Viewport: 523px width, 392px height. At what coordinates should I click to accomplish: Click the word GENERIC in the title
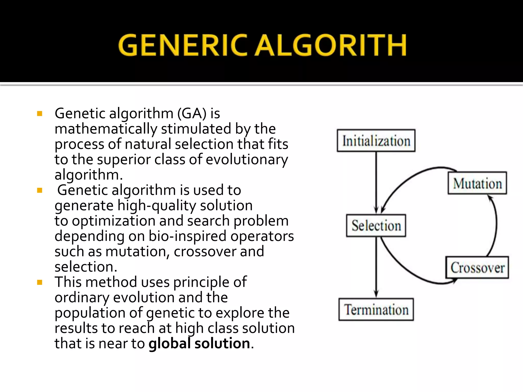pos(182,45)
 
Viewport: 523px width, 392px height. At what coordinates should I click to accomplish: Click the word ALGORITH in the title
pos(331,45)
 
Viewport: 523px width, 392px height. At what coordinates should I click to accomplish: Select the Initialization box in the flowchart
pos(376,141)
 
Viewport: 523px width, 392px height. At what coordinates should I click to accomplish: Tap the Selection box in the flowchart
pos(376,226)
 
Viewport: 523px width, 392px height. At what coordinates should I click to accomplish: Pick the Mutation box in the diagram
pos(477,183)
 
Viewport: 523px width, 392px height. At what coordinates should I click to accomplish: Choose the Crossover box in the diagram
pos(477,267)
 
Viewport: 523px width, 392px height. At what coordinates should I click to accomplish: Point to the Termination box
pos(376,309)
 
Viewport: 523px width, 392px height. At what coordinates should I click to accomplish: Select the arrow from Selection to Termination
pos(376,267)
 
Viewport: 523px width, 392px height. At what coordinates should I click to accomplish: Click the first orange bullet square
pos(40,114)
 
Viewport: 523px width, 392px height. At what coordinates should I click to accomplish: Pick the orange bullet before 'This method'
pos(40,282)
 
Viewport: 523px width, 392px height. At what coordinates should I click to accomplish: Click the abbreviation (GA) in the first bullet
pos(192,114)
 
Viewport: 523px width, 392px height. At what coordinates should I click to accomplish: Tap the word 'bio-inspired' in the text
pos(187,236)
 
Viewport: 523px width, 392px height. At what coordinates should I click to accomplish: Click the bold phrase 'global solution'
pos(199,343)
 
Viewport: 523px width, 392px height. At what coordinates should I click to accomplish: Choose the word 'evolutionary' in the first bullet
pos(247,160)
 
